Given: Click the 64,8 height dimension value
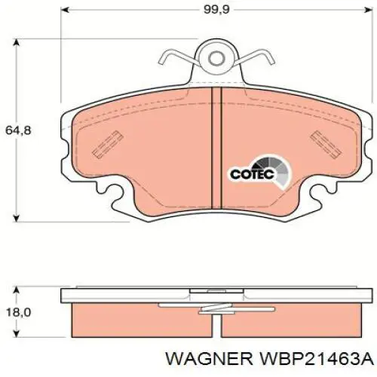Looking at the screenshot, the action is [x=18, y=130].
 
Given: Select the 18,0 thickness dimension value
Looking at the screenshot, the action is [x=18, y=312].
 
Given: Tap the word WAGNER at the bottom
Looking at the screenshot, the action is [x=209, y=360].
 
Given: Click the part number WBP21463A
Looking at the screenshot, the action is [x=317, y=360].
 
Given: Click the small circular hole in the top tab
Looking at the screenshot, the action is [x=216, y=59].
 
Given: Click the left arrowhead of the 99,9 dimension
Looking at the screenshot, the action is [x=65, y=10].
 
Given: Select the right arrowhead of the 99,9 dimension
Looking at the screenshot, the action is [x=368, y=10].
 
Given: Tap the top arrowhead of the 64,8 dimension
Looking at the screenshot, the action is [x=17, y=42].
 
